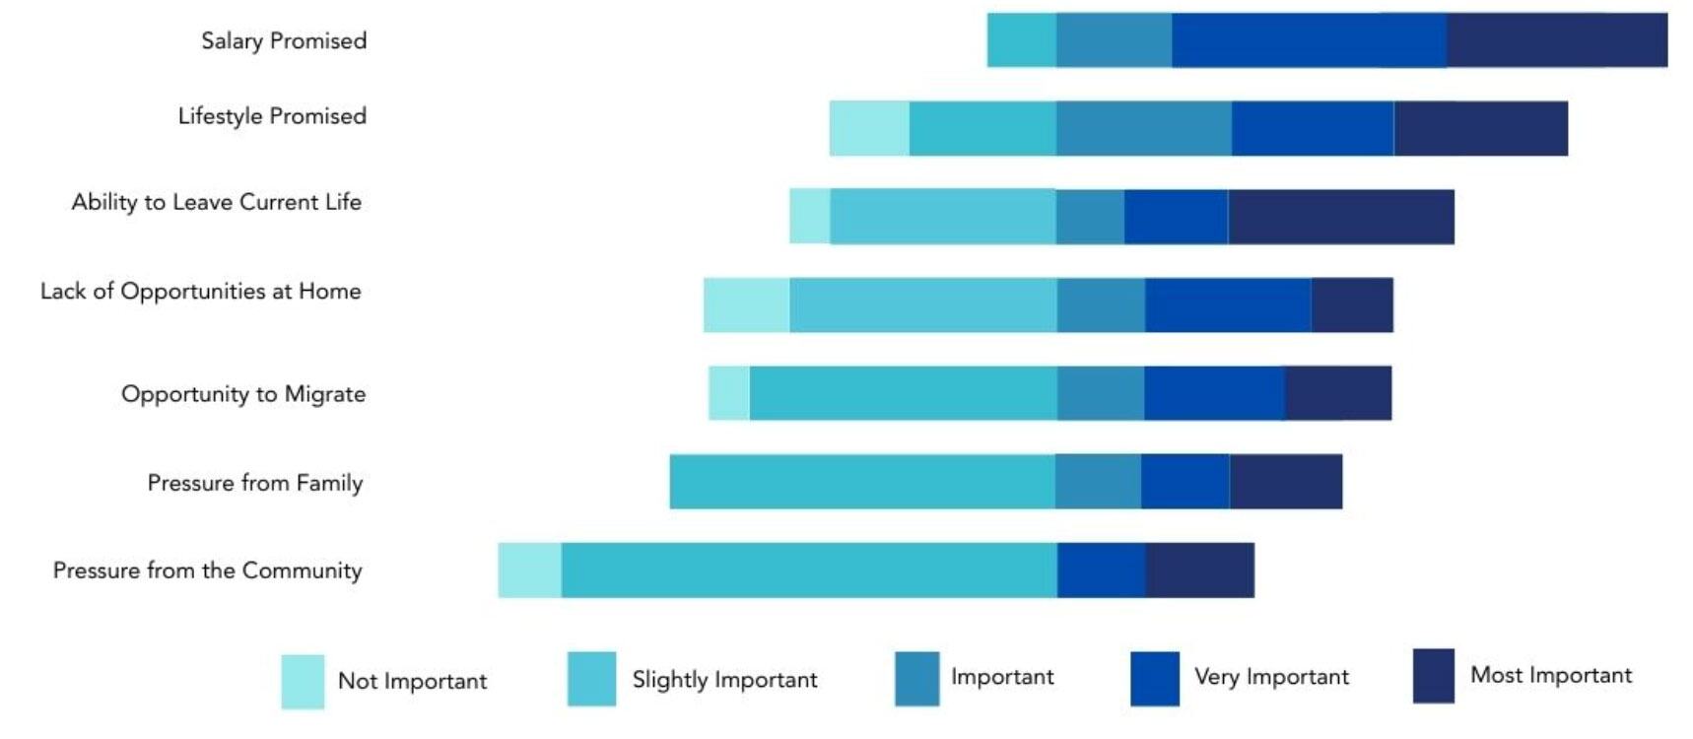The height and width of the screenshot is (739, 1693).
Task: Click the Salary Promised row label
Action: [x=284, y=41]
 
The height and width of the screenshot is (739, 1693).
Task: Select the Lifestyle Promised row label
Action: [x=272, y=116]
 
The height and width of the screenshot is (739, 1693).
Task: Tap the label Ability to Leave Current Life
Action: [x=217, y=203]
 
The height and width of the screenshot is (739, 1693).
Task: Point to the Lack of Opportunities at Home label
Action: [x=201, y=292]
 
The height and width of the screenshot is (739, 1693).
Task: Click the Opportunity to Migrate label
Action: [x=243, y=394]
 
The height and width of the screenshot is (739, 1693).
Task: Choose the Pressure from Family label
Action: [x=255, y=483]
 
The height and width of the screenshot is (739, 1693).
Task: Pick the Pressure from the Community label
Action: [x=208, y=571]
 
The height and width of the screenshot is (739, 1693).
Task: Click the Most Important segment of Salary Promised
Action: [x=1557, y=40]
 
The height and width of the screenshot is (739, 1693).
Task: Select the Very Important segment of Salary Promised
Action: [x=1309, y=40]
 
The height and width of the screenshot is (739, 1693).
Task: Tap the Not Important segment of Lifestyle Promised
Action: [x=868, y=128]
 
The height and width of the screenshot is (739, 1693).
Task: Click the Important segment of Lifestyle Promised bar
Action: [x=1143, y=128]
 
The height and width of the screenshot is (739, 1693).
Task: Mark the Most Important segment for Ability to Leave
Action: [x=1340, y=217]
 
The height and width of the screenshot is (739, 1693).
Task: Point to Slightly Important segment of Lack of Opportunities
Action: [x=922, y=305]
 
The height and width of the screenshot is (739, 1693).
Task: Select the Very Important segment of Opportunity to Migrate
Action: [x=1214, y=393]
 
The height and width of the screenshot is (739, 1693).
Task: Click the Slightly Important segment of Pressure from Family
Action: [x=862, y=482]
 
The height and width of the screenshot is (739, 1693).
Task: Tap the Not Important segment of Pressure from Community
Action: [x=529, y=570]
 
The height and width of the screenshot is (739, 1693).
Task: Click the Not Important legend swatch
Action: [x=303, y=682]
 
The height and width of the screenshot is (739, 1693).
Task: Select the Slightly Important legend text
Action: [x=724, y=680]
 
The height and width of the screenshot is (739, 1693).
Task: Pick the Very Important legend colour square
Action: [x=1155, y=679]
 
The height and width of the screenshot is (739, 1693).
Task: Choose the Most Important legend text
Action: [x=1551, y=676]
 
